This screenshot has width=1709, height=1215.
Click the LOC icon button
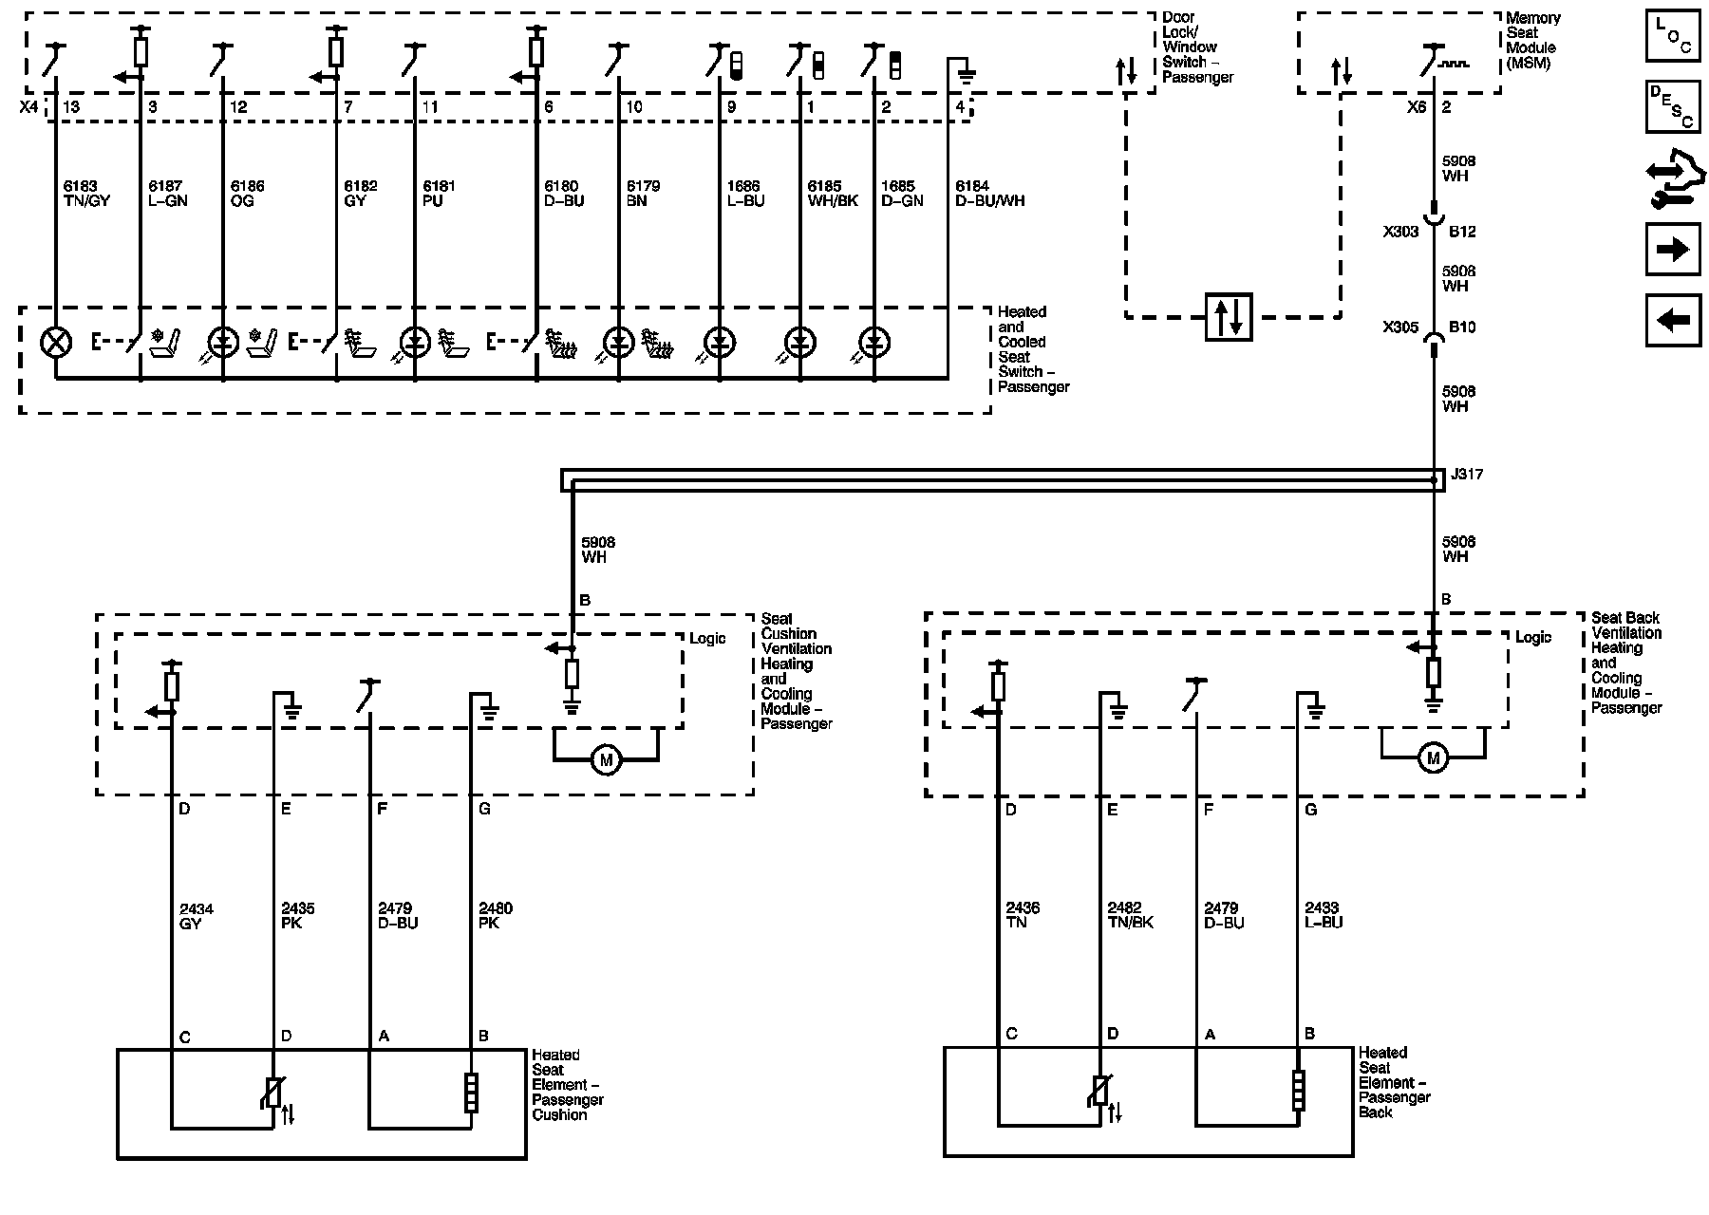(1673, 35)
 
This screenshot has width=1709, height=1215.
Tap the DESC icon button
(1673, 105)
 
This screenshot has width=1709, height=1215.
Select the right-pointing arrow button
(1673, 250)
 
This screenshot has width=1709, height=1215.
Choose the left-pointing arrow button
(1673, 320)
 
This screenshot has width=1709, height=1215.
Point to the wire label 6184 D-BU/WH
(989, 194)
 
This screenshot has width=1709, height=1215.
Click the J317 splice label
(1466, 474)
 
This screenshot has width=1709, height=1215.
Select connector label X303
(1400, 232)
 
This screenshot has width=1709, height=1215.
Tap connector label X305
(1400, 327)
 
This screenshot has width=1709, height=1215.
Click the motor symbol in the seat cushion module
(605, 759)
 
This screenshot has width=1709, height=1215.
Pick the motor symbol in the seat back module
(1433, 757)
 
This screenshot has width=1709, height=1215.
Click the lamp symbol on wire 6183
(56, 342)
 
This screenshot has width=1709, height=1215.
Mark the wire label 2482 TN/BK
(1130, 915)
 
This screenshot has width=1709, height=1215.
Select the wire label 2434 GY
(197, 916)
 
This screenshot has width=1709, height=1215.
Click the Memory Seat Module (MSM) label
(1532, 41)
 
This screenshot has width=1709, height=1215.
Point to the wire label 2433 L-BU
(1324, 915)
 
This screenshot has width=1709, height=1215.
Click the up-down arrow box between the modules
(1230, 317)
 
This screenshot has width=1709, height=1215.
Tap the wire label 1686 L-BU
(746, 194)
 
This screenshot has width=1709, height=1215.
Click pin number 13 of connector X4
(71, 107)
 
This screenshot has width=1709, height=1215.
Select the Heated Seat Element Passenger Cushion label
(568, 1085)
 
